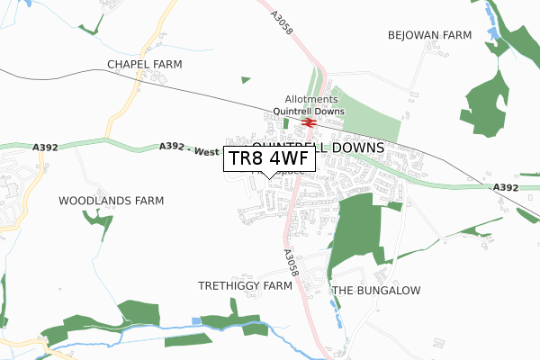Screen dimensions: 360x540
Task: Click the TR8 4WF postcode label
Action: click(x=269, y=159)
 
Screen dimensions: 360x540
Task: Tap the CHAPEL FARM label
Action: click(x=144, y=65)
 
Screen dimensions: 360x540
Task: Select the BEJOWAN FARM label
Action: click(x=429, y=35)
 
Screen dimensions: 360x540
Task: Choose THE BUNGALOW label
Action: click(x=376, y=291)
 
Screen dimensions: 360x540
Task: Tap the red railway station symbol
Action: click(x=308, y=121)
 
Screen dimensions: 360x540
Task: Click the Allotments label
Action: click(x=310, y=100)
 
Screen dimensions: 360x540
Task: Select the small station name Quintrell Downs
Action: click(x=310, y=112)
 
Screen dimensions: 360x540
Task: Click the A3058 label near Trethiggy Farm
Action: click(x=289, y=263)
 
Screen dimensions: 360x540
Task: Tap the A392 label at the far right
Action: click(x=507, y=187)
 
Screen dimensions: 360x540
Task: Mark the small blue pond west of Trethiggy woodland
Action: click(x=197, y=321)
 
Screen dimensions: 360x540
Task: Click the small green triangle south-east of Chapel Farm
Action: click(x=246, y=80)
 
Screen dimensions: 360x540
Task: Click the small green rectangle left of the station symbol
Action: click(x=286, y=123)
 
